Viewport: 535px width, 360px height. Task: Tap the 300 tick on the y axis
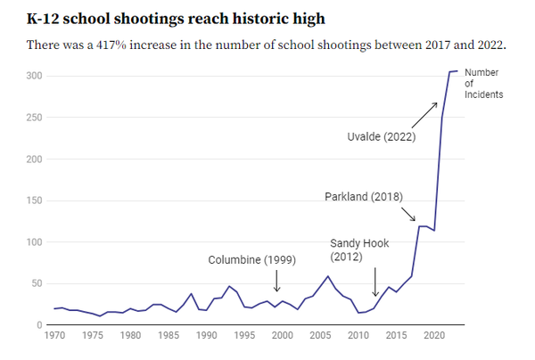tap(34, 77)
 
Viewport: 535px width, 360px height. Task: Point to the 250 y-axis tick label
tap(34, 118)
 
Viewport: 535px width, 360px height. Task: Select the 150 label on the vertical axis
tap(34, 200)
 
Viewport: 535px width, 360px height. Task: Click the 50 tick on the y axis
tap(37, 283)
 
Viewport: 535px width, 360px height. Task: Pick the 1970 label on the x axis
tap(54, 336)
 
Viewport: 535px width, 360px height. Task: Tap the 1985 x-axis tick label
tap(169, 336)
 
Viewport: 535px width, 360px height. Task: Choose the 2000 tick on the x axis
tap(283, 336)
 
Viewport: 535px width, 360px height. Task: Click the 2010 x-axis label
tap(358, 336)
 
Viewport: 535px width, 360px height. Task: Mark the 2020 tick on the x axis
tap(434, 336)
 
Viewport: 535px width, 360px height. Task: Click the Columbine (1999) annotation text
tap(251, 260)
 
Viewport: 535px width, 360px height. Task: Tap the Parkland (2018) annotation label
tap(364, 197)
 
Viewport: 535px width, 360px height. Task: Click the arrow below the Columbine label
tap(276, 281)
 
